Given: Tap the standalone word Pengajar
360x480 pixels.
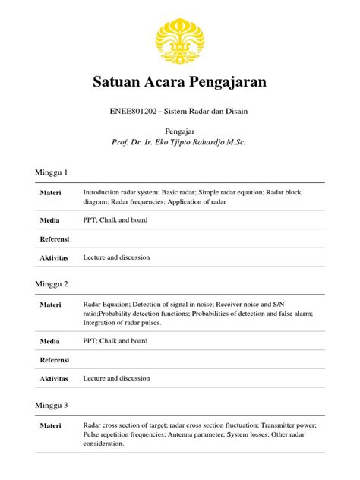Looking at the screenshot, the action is pyautogui.click(x=180, y=131).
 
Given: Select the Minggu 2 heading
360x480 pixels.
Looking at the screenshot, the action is pyautogui.click(x=52, y=284).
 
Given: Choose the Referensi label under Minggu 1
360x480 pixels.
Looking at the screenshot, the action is pyautogui.click(x=54, y=239).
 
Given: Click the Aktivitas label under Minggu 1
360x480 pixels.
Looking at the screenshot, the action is pyautogui.click(x=54, y=257).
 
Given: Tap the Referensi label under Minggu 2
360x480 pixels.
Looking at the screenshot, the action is pyautogui.click(x=54, y=359).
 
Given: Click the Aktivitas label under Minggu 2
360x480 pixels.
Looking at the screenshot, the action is pyautogui.click(x=54, y=377).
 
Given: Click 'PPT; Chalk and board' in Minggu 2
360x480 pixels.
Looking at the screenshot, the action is pyautogui.click(x=115, y=341).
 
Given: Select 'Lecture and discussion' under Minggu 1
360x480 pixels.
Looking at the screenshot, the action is pyautogui.click(x=117, y=257).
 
